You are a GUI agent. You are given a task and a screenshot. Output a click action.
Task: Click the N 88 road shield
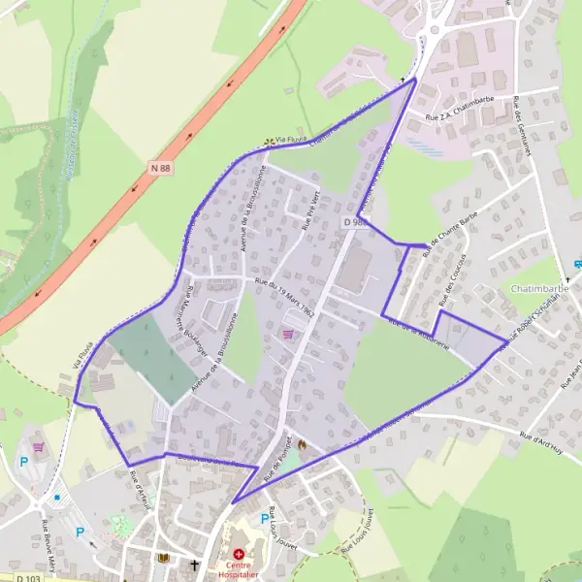point(160,168)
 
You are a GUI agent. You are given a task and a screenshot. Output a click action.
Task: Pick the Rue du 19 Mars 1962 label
point(286,299)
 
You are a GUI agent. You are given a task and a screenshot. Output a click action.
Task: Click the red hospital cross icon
point(240,555)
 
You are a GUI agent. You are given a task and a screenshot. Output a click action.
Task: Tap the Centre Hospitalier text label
point(239,570)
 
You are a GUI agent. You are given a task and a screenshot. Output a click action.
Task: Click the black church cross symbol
point(194,564)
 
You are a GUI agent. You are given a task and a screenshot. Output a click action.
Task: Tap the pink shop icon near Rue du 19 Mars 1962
point(287,334)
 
